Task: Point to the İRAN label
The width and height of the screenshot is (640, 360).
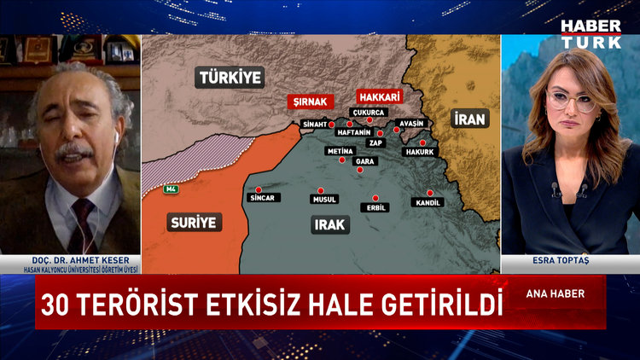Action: click(469, 119)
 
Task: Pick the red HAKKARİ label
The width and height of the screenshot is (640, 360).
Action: click(379, 96)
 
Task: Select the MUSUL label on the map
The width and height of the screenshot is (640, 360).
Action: click(323, 200)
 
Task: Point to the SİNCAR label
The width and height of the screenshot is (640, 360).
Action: click(261, 197)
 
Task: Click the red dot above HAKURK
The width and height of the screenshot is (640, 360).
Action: click(422, 142)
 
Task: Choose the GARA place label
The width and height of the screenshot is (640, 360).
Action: click(364, 161)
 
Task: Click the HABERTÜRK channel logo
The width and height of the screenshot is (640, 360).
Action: click(591, 34)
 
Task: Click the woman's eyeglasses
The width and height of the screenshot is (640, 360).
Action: click(572, 100)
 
